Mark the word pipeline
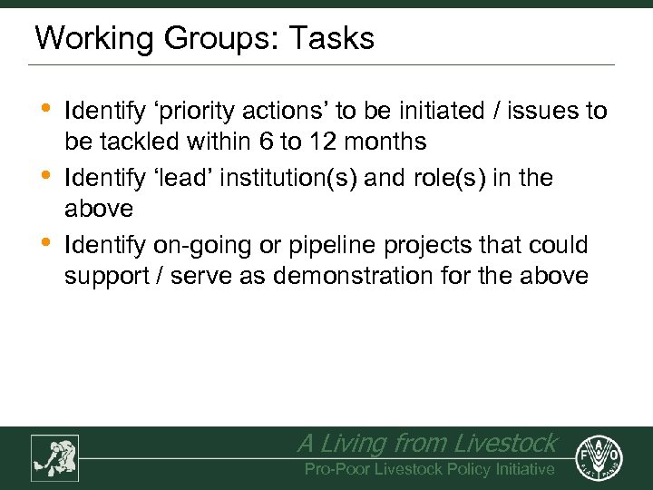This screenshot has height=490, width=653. coord(324,246)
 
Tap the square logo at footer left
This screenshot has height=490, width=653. coord(54,457)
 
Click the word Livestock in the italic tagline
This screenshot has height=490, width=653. coord(504,444)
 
